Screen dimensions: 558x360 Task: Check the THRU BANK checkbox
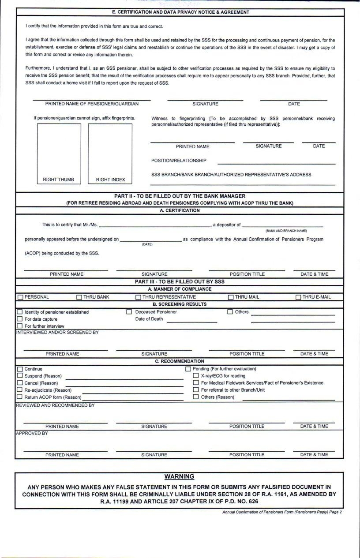[79, 297]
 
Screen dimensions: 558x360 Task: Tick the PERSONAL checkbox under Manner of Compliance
[20, 297]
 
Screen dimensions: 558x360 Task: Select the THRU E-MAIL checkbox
[298, 297]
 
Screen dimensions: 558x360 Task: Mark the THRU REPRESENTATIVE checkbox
[139, 297]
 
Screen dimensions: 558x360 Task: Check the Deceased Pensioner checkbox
[129, 312]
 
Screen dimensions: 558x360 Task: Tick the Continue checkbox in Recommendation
[19, 369]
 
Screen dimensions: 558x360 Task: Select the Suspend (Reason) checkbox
[19, 376]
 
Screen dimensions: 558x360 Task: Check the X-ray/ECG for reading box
[196, 376]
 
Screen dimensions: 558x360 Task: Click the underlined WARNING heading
[179, 476]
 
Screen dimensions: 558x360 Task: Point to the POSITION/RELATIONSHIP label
[179, 161]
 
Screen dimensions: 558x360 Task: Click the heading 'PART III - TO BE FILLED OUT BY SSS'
[180, 281]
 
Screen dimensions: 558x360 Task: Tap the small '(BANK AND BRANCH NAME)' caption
[286, 231]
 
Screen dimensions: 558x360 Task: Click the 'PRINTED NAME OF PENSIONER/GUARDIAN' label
[92, 104]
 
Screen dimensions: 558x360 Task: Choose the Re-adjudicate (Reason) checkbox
[19, 390]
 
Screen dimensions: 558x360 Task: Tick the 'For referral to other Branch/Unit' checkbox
[196, 390]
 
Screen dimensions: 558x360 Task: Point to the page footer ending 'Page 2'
[282, 512]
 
